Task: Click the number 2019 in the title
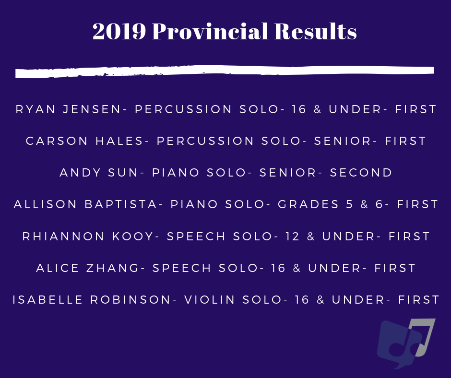coord(119,31)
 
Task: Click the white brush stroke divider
coord(225,71)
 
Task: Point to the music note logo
coord(406,343)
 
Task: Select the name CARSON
coord(57,141)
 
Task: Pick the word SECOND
coord(361,173)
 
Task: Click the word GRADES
coord(309,204)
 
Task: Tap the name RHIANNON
coord(63,236)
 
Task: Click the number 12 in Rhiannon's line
coord(293,236)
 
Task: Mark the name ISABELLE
coord(48,300)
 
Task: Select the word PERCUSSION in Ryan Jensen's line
coord(183,109)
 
